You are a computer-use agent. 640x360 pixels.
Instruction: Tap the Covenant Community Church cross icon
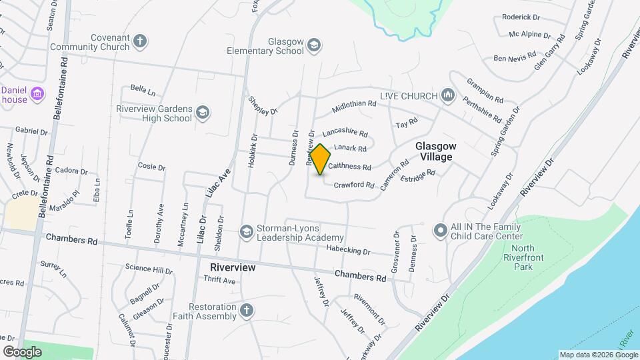[x=139, y=41]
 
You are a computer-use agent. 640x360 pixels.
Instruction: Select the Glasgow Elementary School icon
[x=313, y=45]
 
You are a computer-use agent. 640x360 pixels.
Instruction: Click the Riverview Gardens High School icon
[x=202, y=114]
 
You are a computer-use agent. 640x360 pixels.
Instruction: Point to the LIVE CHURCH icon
[x=448, y=96]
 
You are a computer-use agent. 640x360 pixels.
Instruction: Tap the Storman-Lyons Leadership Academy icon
[x=246, y=231]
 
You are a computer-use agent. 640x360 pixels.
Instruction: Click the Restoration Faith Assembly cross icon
[x=247, y=310]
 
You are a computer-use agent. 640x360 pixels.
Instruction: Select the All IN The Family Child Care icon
[x=440, y=231]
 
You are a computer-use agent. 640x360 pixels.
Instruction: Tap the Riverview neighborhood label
[x=233, y=267]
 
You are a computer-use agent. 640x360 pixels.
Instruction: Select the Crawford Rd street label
[x=354, y=185]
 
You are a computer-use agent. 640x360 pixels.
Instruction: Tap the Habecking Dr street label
[x=348, y=250]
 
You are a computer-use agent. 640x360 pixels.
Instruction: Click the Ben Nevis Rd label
[x=515, y=58]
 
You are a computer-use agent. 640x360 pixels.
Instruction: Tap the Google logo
[x=23, y=351]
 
